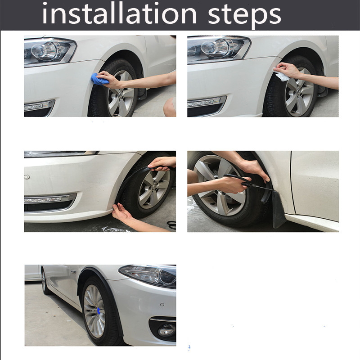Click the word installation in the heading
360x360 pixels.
[x=119, y=14]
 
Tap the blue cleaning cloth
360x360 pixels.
[x=99, y=79]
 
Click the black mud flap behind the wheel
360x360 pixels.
[x=279, y=209]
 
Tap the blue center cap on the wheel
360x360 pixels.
[x=99, y=310]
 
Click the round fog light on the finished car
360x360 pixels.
[x=166, y=330]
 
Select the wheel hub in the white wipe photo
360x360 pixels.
[x=299, y=92]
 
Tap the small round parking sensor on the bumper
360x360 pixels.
[x=162, y=305]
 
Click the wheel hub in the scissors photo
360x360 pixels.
[x=220, y=185]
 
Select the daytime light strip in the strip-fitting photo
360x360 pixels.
[x=49, y=198]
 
